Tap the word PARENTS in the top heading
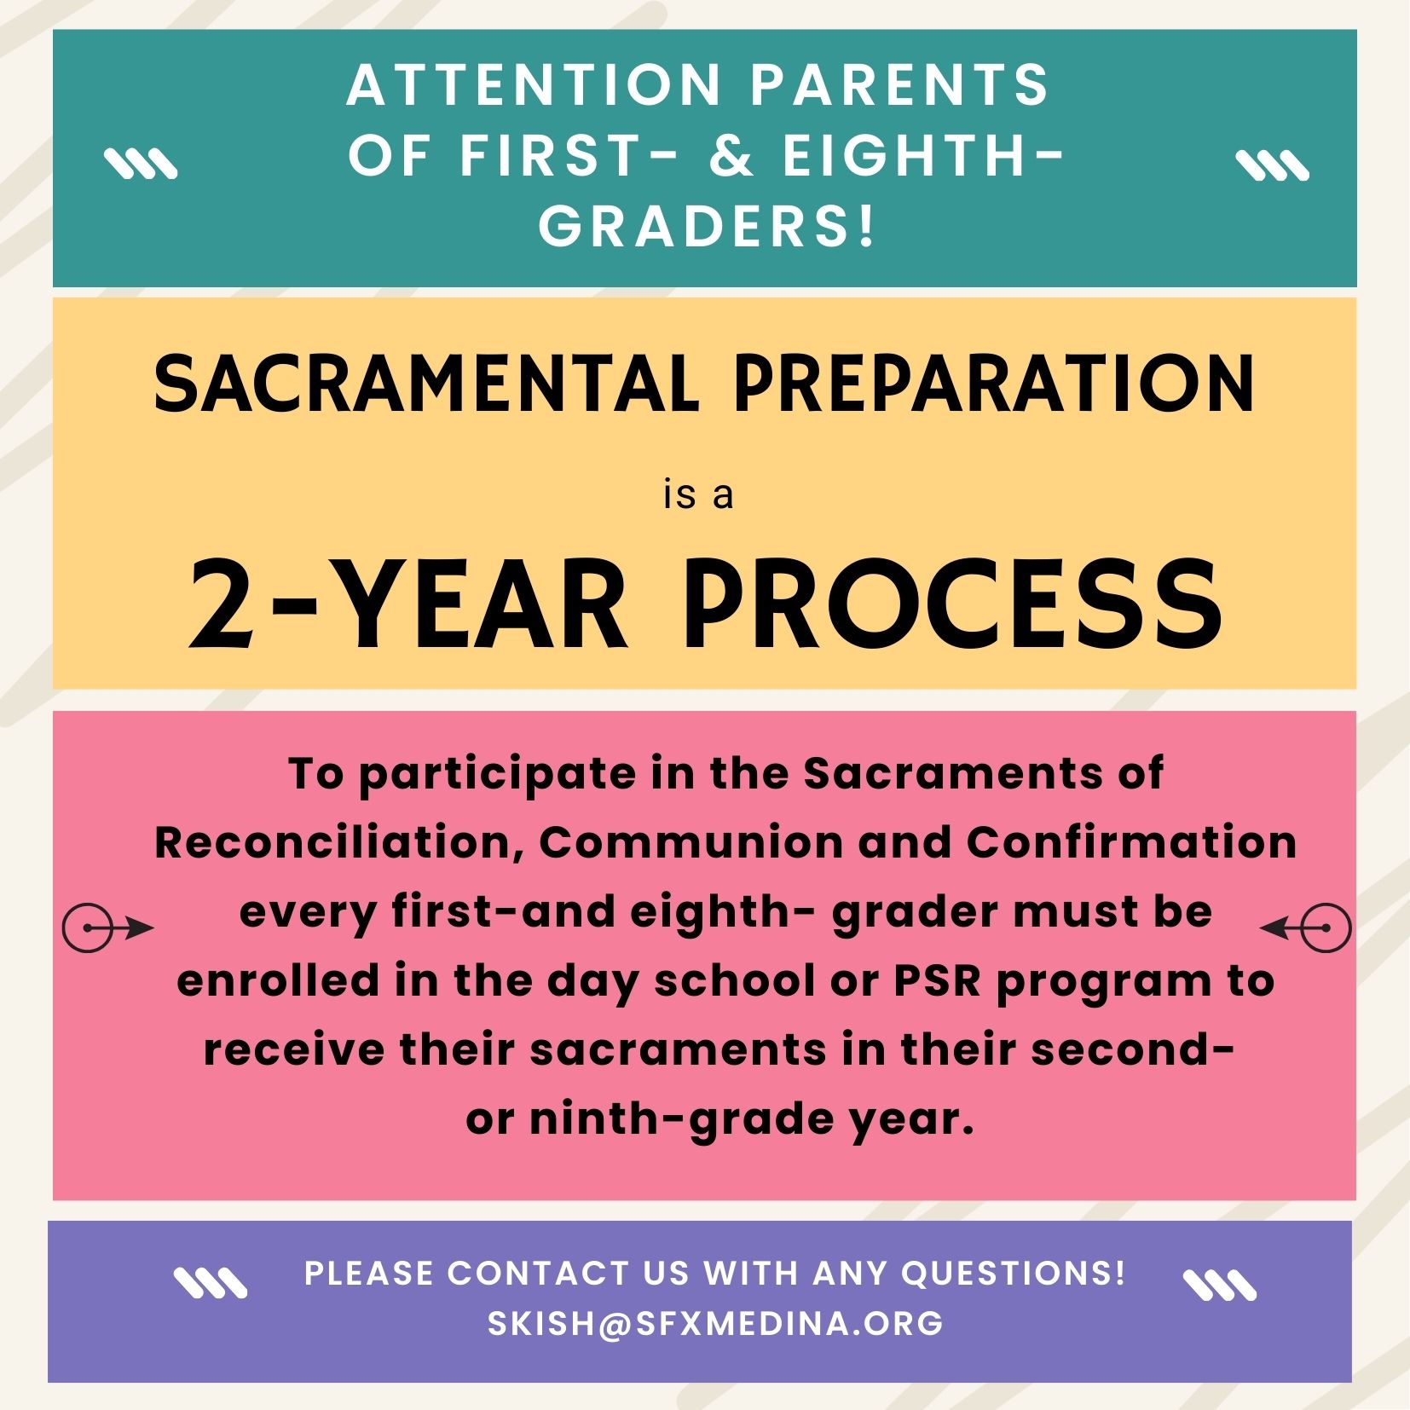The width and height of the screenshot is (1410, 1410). [x=900, y=85]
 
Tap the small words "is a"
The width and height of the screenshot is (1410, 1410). [x=698, y=494]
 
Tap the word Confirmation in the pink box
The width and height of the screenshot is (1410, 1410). [x=1131, y=843]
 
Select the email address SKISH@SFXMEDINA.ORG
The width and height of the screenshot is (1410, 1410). [x=715, y=1324]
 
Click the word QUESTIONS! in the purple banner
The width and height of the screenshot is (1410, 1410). [x=1014, y=1274]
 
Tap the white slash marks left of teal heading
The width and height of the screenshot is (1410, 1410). [x=141, y=165]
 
